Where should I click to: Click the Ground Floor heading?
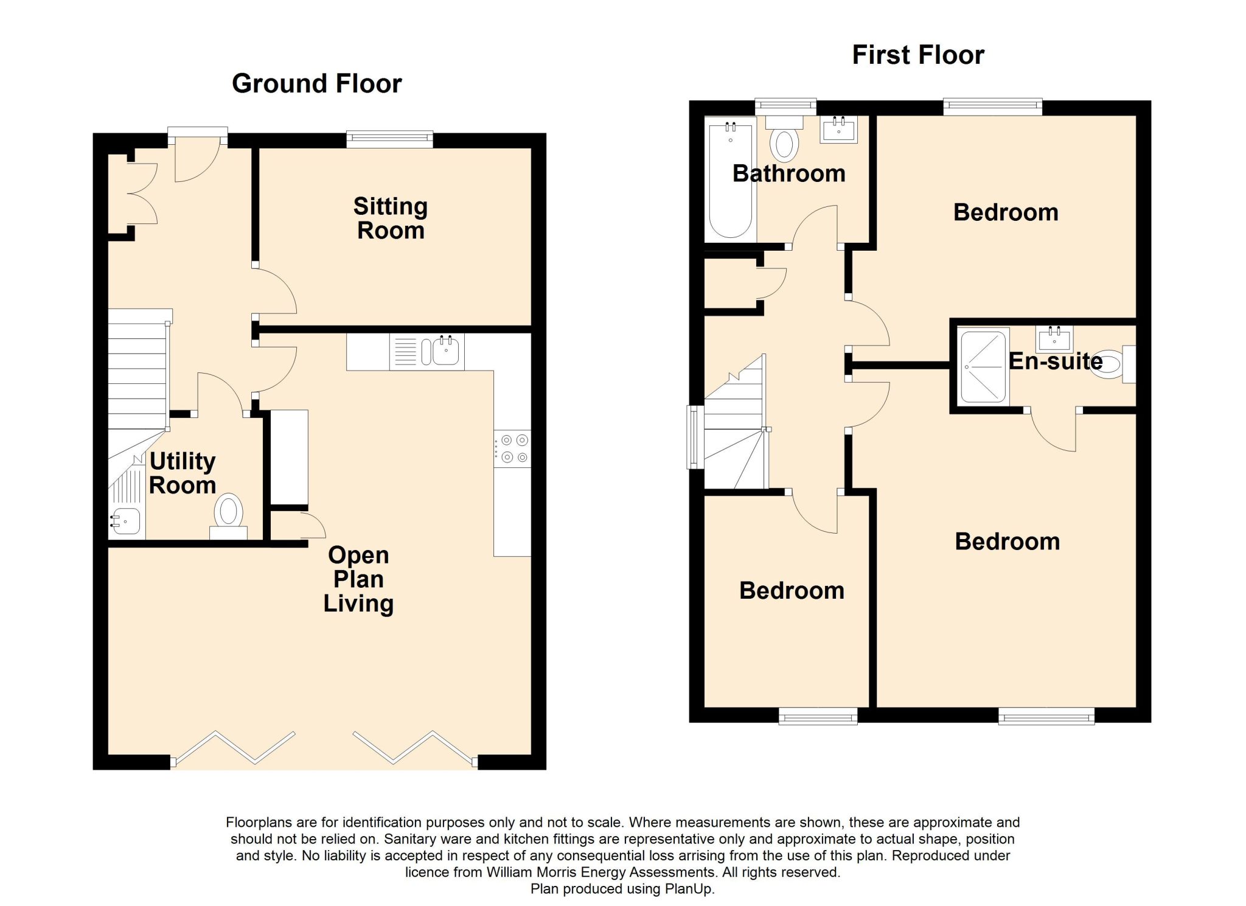316,83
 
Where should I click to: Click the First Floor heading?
917,55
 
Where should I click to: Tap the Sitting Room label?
391,218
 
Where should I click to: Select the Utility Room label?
183,473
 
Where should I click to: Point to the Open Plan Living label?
358,579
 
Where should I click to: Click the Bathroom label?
789,173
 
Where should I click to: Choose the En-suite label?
1056,361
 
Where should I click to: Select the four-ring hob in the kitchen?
512,448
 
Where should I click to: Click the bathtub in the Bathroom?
730,179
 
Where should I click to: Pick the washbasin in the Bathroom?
839,130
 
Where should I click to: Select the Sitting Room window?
390,140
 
